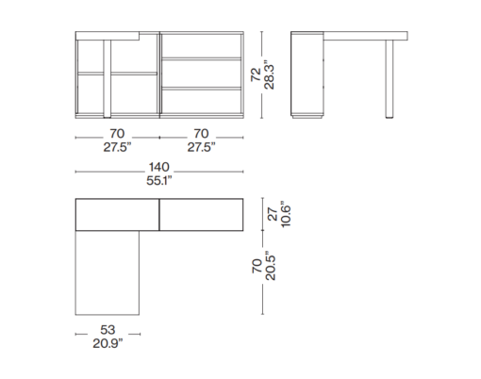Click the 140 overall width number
click(x=159, y=167)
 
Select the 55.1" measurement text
click(x=159, y=181)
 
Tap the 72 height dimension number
click(x=256, y=74)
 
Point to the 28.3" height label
click(x=269, y=74)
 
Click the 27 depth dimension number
click(x=274, y=214)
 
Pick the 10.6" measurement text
click(x=286, y=214)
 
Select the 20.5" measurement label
click(x=270, y=266)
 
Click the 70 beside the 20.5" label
click(x=257, y=266)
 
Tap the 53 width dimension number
click(x=108, y=330)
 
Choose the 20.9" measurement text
click(x=108, y=343)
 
